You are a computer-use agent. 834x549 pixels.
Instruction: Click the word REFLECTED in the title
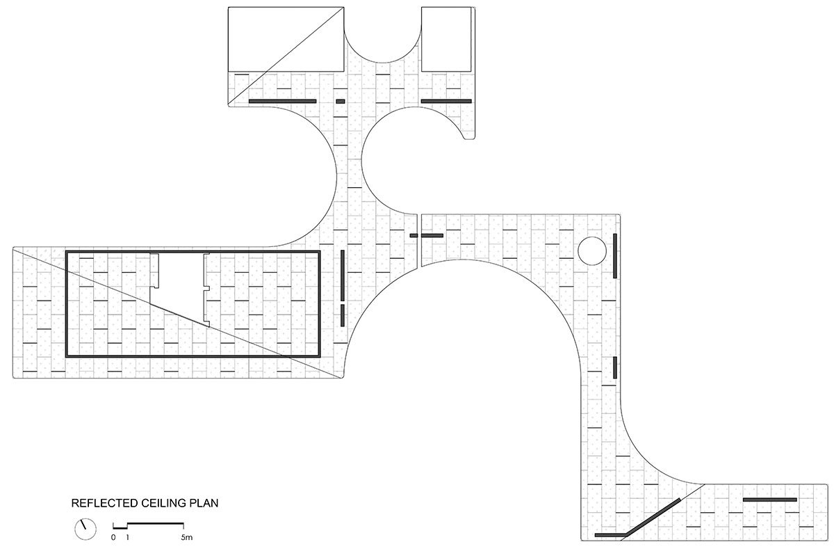(x=105, y=503)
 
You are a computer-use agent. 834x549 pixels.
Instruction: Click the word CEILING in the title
(x=164, y=503)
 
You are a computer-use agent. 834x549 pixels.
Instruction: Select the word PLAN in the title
(x=204, y=503)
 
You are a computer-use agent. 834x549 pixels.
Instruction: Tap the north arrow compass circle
(x=85, y=529)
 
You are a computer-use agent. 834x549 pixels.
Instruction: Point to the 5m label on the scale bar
(x=187, y=537)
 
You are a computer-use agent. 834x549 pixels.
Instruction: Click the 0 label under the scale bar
(x=113, y=537)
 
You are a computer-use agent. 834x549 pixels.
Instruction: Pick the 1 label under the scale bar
(x=127, y=537)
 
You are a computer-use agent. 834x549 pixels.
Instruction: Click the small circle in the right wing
(x=592, y=250)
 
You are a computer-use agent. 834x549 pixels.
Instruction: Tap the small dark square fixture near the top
(x=341, y=101)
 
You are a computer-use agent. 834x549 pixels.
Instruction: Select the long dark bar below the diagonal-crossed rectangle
(x=283, y=101)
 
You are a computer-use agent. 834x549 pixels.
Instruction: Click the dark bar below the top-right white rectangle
(x=446, y=101)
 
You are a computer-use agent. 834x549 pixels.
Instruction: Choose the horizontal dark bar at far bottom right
(x=770, y=500)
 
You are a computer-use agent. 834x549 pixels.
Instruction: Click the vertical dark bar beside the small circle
(x=615, y=255)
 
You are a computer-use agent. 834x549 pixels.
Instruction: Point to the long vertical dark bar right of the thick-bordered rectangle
(x=343, y=276)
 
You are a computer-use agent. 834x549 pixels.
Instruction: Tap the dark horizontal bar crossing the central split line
(x=427, y=236)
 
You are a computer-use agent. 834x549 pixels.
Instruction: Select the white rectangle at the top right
(x=446, y=39)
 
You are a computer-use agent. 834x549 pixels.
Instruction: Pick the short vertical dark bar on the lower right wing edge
(x=615, y=367)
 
